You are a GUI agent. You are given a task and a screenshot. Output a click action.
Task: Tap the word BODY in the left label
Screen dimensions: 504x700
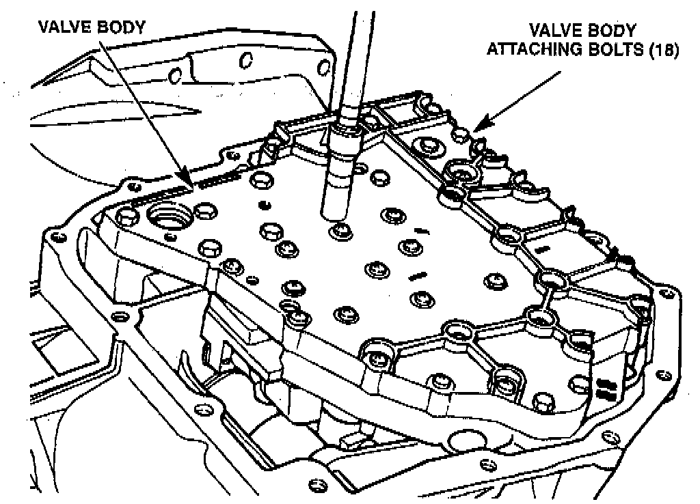[x=122, y=28]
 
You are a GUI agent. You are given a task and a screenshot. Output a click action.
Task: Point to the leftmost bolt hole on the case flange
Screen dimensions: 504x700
[x=51, y=239]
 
